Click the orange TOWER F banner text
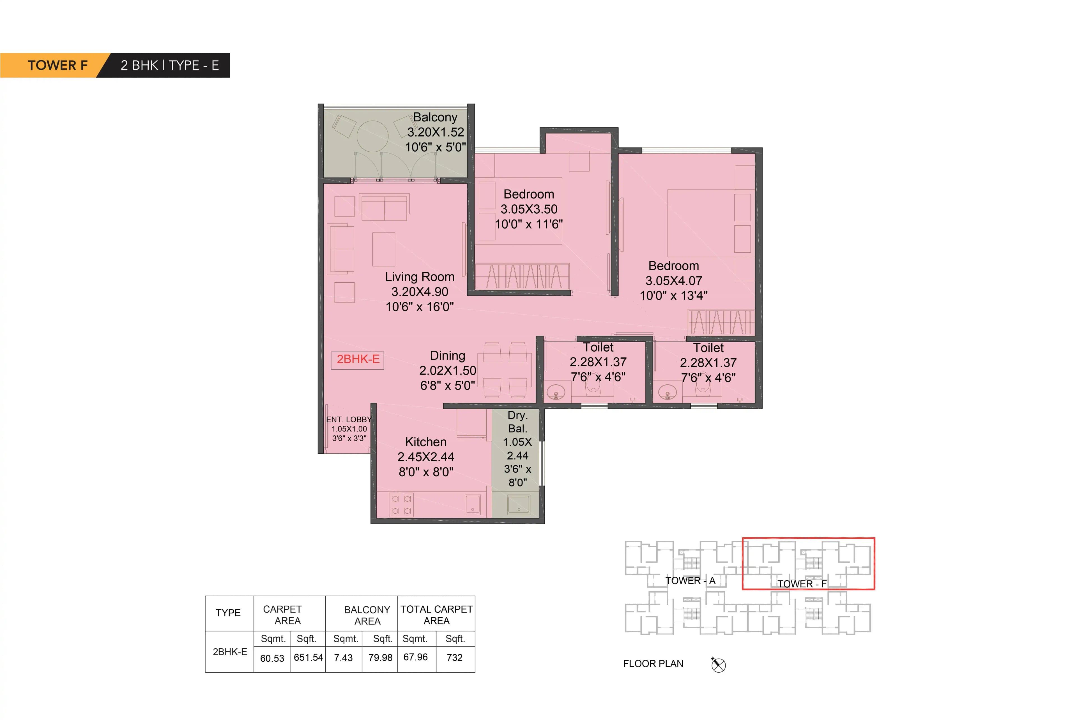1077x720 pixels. (x=57, y=65)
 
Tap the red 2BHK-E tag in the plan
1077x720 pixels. (x=358, y=359)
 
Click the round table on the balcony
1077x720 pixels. (x=372, y=136)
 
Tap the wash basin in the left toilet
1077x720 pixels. (x=556, y=394)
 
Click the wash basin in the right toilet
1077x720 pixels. (x=667, y=394)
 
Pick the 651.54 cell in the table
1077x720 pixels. (x=308, y=657)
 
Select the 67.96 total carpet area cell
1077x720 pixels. (x=415, y=657)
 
